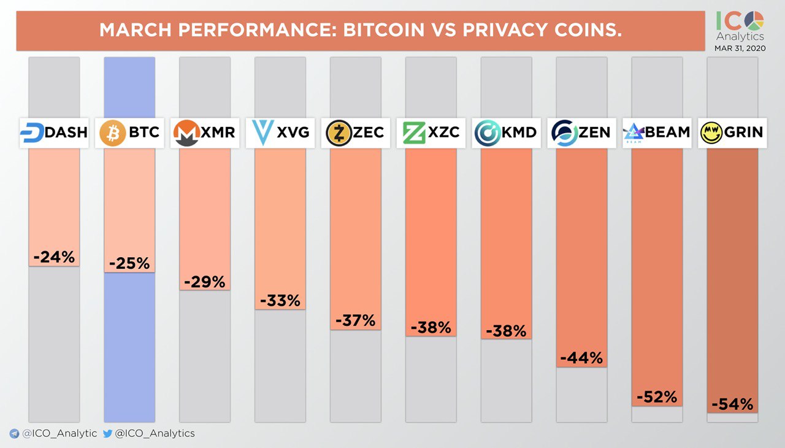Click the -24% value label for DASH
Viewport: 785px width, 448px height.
[x=54, y=257]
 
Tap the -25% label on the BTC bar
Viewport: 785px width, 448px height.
[x=129, y=263]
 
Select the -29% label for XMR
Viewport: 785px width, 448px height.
[x=205, y=282]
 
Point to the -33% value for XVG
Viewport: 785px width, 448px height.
[x=280, y=301]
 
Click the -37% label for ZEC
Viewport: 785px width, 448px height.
[x=356, y=320]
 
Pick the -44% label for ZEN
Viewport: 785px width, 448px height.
[x=581, y=358]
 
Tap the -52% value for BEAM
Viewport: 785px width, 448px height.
[x=657, y=396]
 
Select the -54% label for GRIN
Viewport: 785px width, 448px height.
[x=732, y=404]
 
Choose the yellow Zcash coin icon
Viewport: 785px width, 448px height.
[x=338, y=133]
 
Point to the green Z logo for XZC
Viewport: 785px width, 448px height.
[x=415, y=133]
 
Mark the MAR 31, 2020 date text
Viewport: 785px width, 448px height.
[x=740, y=48]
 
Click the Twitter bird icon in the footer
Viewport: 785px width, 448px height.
[x=108, y=433]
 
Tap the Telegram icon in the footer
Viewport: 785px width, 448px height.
[x=14, y=434]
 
